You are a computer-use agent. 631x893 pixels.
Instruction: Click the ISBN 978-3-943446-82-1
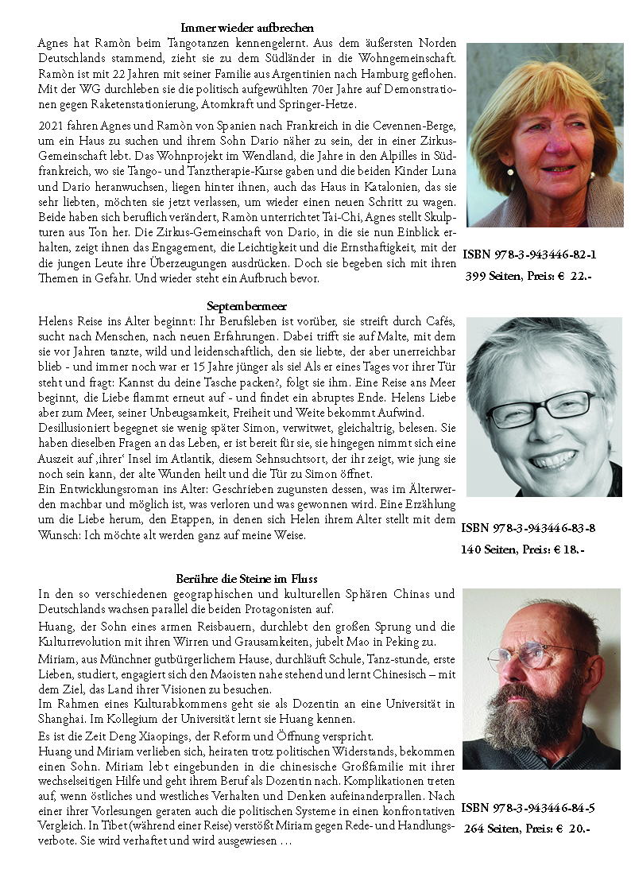529,254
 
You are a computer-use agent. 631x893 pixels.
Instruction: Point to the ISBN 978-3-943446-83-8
528,528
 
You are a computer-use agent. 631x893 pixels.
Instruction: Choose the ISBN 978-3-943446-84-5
528,808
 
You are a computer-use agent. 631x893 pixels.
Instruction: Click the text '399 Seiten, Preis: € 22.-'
528,276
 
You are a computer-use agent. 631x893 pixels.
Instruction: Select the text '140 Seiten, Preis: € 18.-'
522,549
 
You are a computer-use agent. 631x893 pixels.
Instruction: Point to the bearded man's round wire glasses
525,655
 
